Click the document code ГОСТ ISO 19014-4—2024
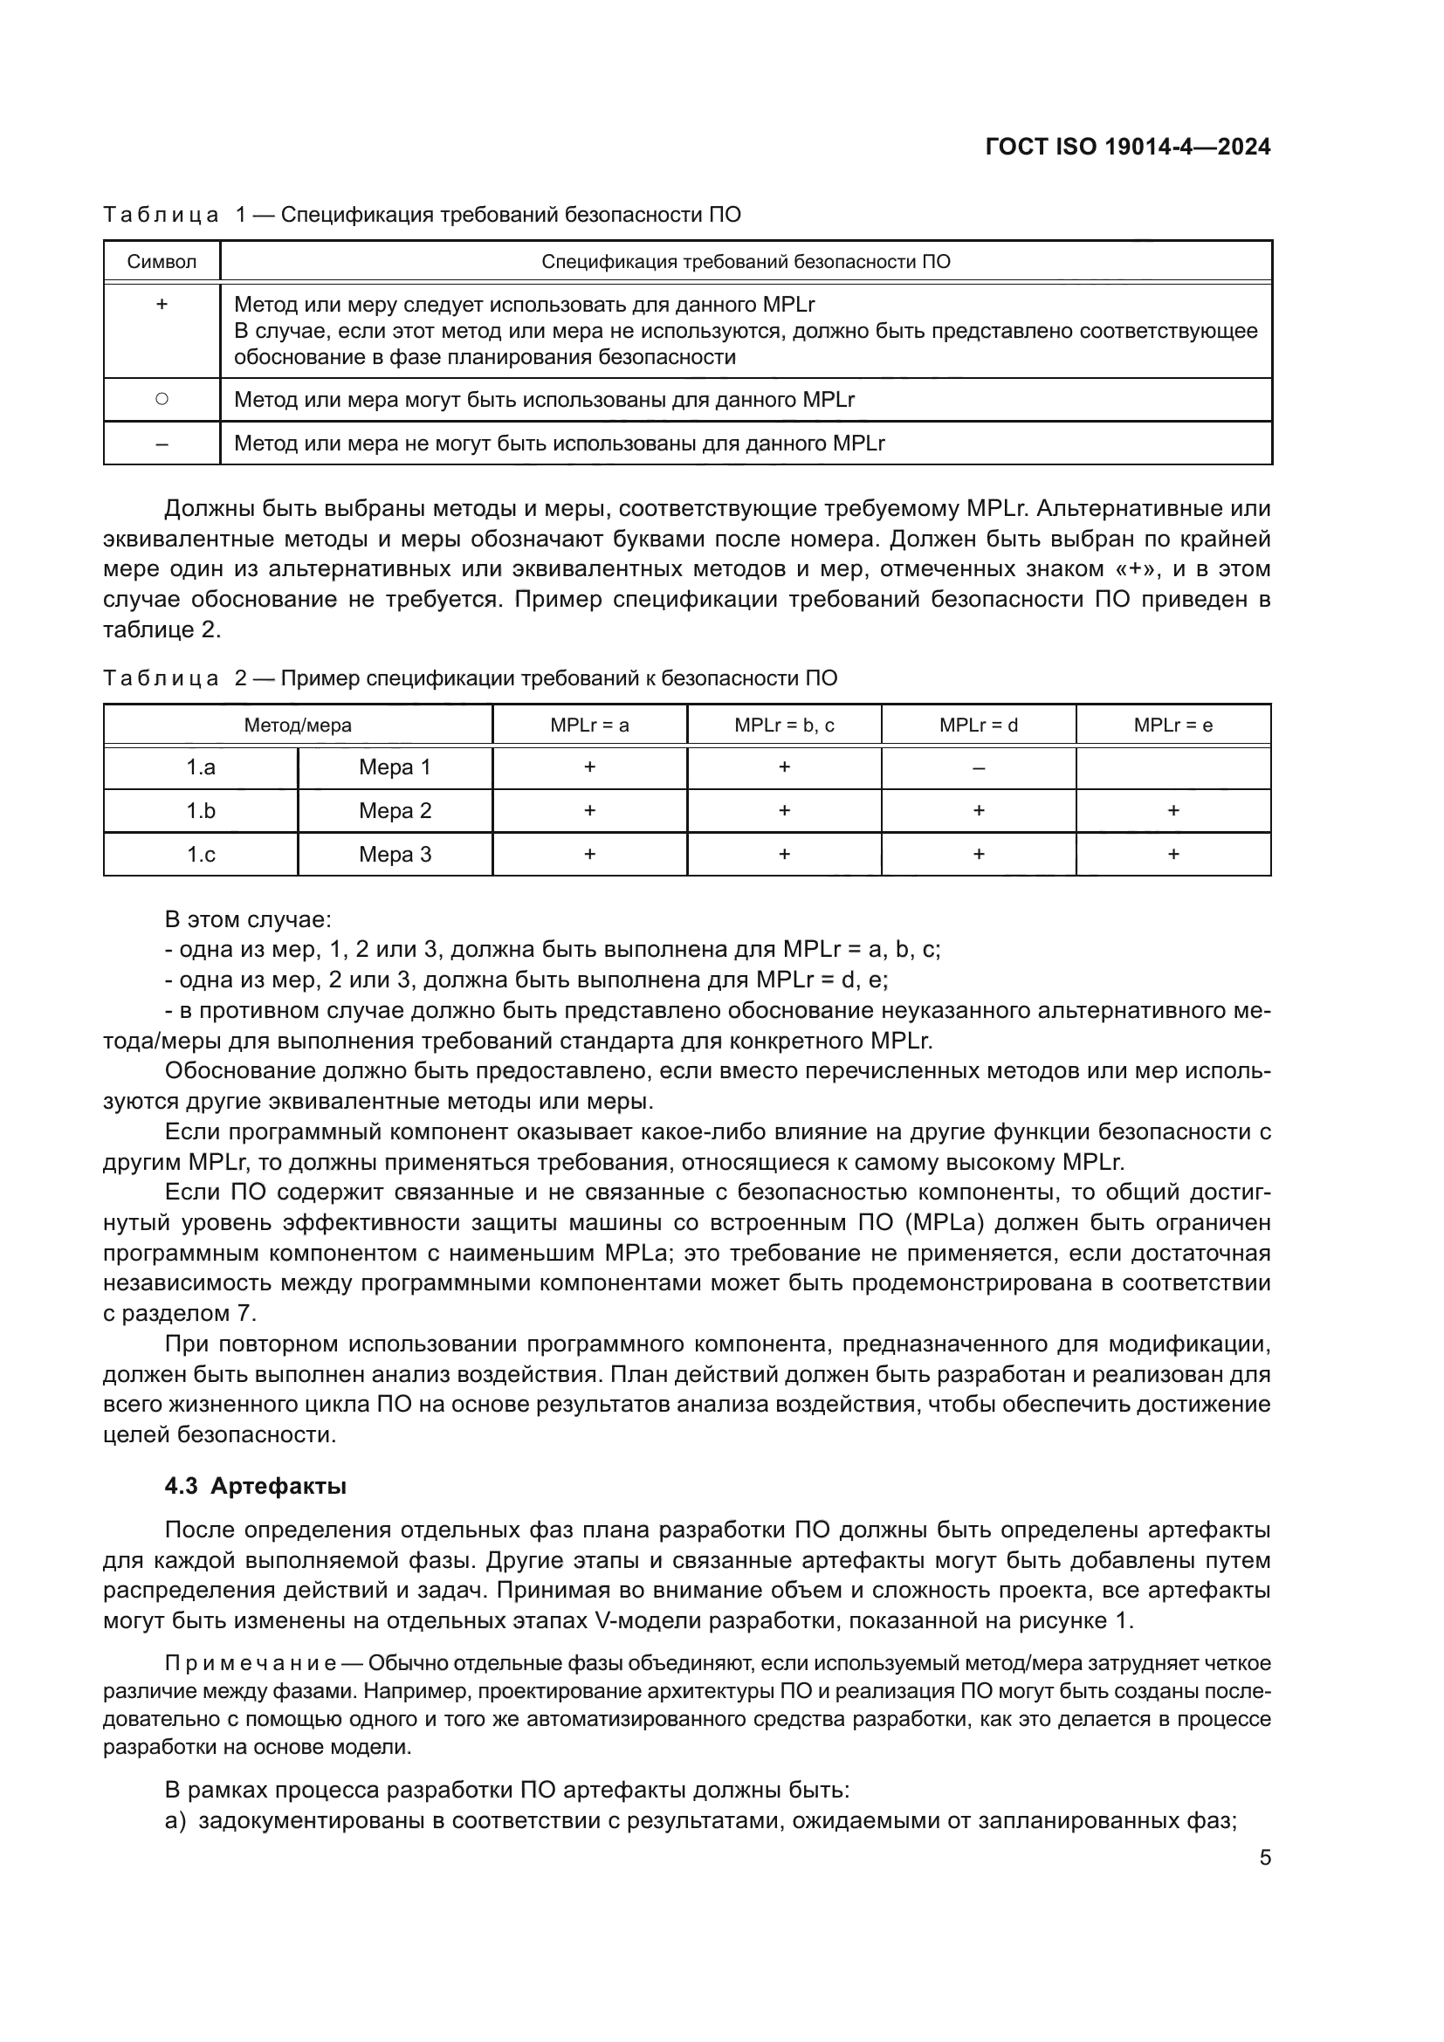click(x=1127, y=147)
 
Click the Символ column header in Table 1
click(x=162, y=262)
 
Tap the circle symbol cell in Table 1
click(x=162, y=399)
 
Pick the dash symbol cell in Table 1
click(x=162, y=443)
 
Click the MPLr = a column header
click(x=588, y=725)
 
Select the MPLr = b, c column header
click(x=783, y=725)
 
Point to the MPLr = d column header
click(x=978, y=725)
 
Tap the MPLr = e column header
click(x=1172, y=725)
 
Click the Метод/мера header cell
click(x=298, y=725)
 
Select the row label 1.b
click(x=201, y=811)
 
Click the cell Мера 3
click(x=395, y=855)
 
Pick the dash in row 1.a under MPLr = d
click(x=978, y=767)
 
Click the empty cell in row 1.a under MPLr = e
click(x=1172, y=767)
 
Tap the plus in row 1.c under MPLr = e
click(x=1172, y=855)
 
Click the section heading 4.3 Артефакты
click(x=255, y=1486)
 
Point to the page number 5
click(x=1264, y=1858)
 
